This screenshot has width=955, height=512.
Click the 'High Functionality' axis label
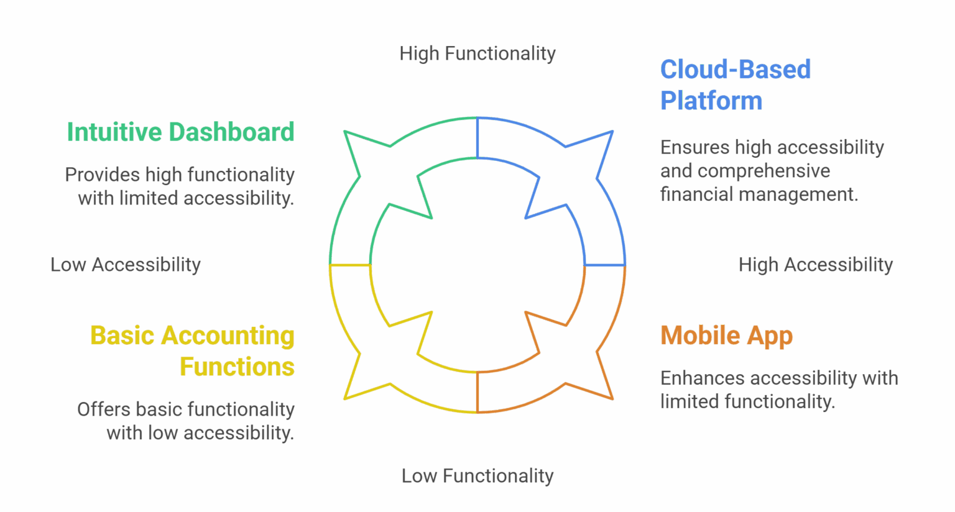tap(477, 53)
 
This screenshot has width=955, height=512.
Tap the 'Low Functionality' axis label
tap(477, 476)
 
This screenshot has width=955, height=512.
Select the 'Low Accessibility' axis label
tap(126, 265)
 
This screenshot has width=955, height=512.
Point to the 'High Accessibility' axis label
tap(815, 265)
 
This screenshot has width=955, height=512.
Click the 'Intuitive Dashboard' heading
tap(180, 132)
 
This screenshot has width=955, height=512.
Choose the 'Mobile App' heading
tap(726, 336)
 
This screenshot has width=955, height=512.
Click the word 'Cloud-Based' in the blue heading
tap(735, 70)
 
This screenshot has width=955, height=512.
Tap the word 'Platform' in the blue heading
tap(711, 101)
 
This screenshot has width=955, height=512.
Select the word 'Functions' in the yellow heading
tap(237, 367)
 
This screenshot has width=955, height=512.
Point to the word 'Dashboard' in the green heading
tap(231, 132)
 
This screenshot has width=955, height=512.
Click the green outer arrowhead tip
tap(345, 132)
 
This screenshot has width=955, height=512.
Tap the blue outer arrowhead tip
tap(612, 132)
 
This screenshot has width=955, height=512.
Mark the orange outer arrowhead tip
tap(612, 398)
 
